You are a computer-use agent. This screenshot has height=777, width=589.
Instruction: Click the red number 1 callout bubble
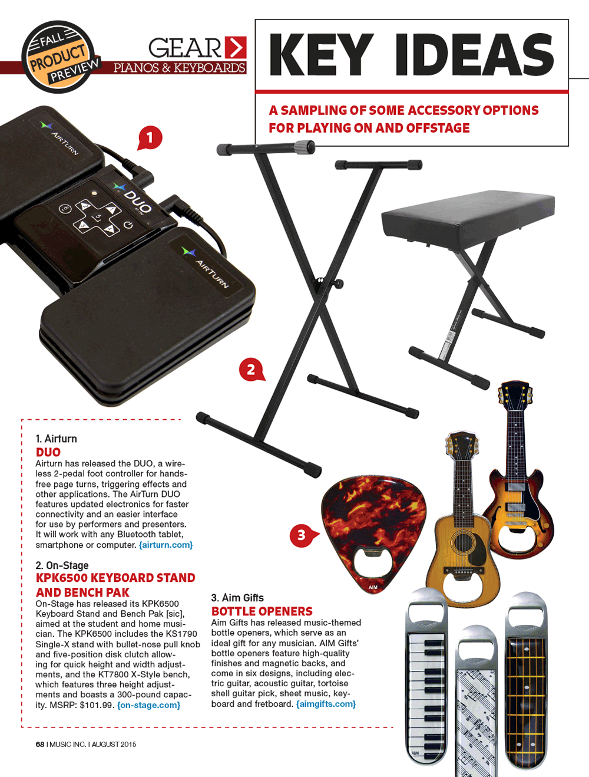[150, 138]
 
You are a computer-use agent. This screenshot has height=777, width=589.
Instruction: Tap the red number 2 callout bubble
[252, 370]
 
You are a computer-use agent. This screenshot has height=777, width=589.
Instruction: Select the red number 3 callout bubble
[303, 535]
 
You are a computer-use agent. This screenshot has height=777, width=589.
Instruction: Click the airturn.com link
[166, 545]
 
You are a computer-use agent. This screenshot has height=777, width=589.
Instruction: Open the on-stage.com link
[148, 705]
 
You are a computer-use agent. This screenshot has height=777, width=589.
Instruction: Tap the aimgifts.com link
[326, 704]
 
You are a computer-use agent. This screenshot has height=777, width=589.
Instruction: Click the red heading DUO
[48, 452]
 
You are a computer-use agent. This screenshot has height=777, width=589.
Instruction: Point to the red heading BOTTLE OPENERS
[262, 611]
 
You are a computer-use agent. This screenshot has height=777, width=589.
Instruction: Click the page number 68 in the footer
[40, 744]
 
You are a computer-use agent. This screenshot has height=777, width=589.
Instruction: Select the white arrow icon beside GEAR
[236, 47]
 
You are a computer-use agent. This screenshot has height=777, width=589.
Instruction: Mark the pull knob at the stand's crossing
[338, 283]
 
